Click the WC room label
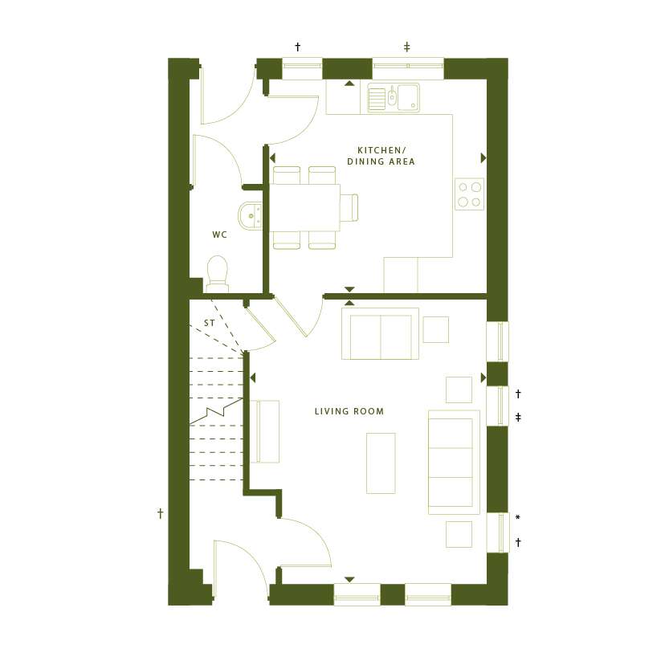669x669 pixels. tap(219, 235)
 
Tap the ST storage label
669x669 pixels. tap(209, 323)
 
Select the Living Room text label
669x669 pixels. tap(349, 411)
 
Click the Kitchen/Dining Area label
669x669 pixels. tap(381, 156)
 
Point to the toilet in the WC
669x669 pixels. tap(217, 274)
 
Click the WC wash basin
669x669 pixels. tap(250, 216)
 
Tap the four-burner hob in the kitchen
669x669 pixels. tap(469, 194)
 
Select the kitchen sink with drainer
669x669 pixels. tap(394, 98)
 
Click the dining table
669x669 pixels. tap(304, 207)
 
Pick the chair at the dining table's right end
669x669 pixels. tap(349, 207)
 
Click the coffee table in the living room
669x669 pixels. tap(381, 463)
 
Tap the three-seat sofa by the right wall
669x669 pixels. tap(454, 462)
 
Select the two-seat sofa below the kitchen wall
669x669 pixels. tap(380, 333)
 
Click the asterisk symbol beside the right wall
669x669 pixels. tap(517, 517)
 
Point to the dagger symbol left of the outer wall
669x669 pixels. tap(161, 513)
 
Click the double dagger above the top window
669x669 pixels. tap(406, 47)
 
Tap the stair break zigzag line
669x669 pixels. tap(216, 411)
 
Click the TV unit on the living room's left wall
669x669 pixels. tap(264, 431)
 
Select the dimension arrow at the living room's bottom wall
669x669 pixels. tap(349, 579)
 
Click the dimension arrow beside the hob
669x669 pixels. tap(483, 158)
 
